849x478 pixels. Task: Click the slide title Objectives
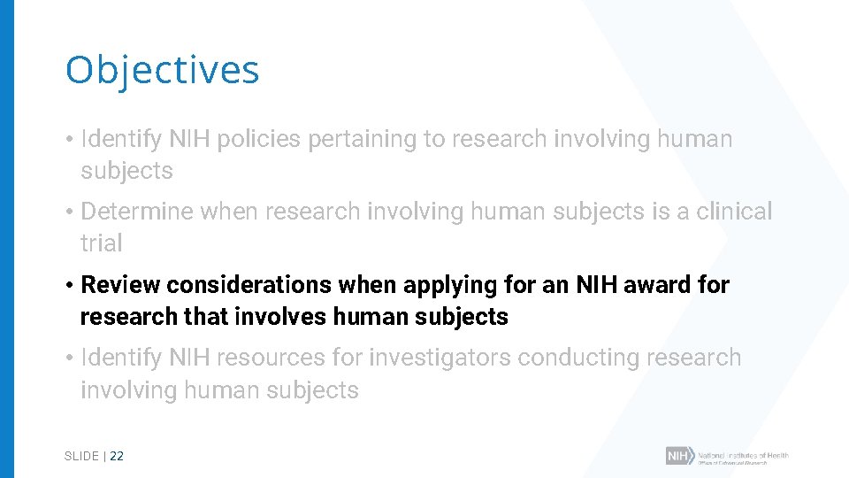pos(162,70)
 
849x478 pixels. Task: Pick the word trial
pos(101,243)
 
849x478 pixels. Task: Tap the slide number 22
pos(117,456)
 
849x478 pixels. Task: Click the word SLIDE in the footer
pos(81,456)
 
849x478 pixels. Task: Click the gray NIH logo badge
pos(679,456)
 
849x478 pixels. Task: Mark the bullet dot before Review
pos(69,286)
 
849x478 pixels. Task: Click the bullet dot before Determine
pos(69,212)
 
